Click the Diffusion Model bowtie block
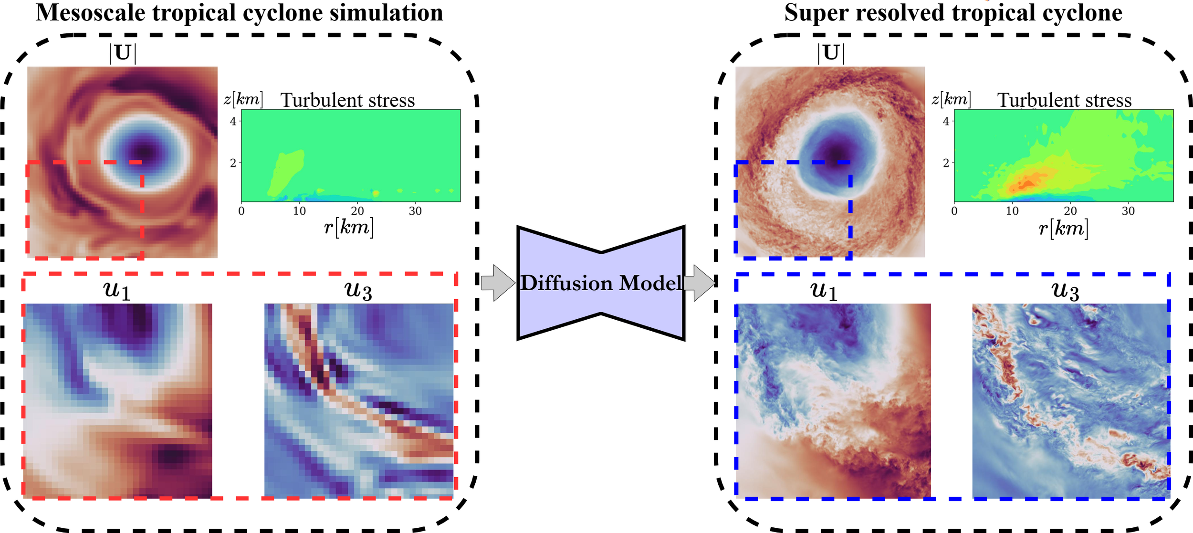pos(601,283)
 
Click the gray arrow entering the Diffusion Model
pos(498,283)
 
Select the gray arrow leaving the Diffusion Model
pos(701,283)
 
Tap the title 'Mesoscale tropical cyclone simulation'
pos(240,12)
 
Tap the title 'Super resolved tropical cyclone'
pos(953,12)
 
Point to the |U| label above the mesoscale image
pos(123,52)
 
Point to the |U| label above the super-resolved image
pos(831,52)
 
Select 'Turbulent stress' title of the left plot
pos(347,100)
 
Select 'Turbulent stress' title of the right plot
pos(1064,100)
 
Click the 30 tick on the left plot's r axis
pos(415,211)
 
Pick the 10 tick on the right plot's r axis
pos(1012,211)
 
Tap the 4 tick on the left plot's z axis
pos(233,121)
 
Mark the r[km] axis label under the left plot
pos(349,227)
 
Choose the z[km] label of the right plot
pos(952,99)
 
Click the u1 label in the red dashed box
pos(117,290)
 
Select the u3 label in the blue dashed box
pos(1065,290)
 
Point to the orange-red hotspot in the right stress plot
pos(1026,181)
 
